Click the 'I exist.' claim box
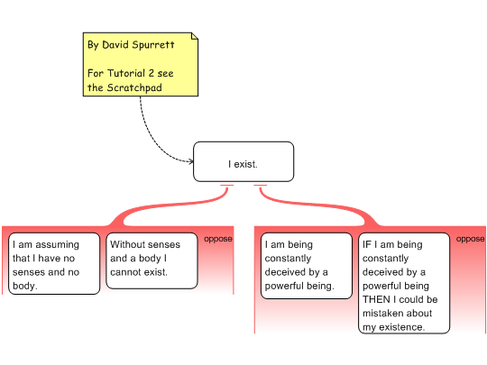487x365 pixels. pos(243,161)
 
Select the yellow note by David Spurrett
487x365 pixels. pos(141,64)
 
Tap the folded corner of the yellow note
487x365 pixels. pos(195,36)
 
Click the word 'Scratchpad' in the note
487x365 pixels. pos(134,87)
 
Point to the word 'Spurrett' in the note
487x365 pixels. pos(153,45)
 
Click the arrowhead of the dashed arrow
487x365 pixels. pos(190,161)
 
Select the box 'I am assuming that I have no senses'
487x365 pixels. pos(54,263)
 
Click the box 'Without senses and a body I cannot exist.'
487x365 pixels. pos(152,260)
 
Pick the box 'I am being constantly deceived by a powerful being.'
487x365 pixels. pos(307,266)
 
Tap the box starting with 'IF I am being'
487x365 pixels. pos(404,283)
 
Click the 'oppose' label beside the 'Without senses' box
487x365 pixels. pos(218,239)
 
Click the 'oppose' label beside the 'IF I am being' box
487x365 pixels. pos(470,239)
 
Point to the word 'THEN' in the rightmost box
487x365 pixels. pos(376,299)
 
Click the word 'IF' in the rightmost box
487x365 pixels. pos(367,244)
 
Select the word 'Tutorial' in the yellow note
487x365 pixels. pos(126,73)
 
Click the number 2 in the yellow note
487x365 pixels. pos(152,73)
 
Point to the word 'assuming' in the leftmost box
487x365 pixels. pos(58,245)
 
